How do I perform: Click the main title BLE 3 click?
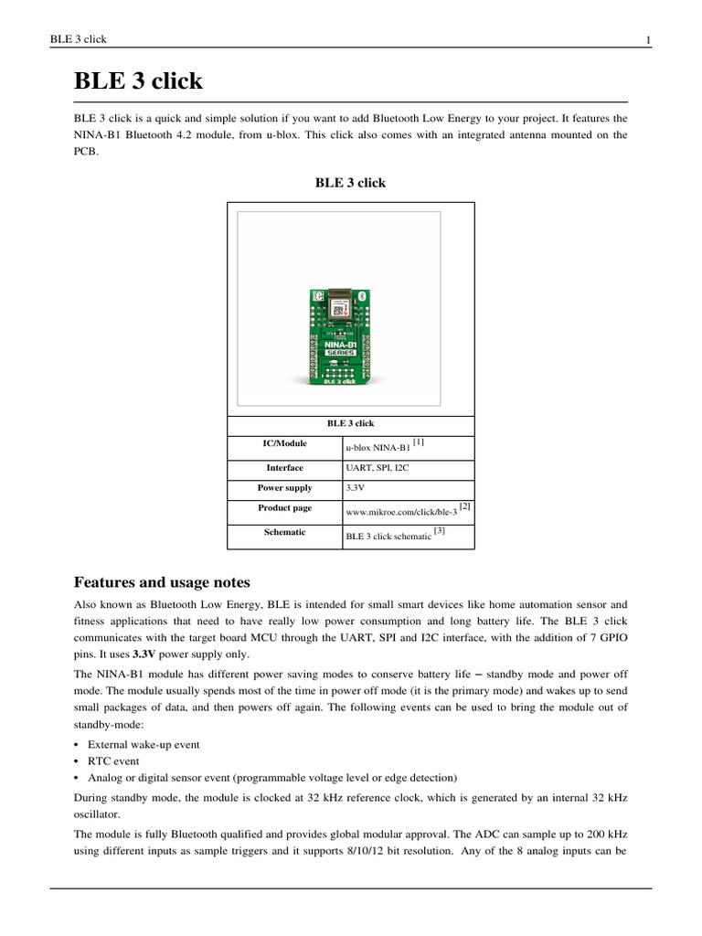[x=138, y=81]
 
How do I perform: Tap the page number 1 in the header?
[x=647, y=39]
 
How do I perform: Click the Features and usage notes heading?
[x=161, y=582]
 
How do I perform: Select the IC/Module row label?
[x=283, y=443]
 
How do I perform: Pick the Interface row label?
[x=283, y=468]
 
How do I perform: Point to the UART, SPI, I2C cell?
[x=377, y=468]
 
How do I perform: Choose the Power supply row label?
[x=283, y=488]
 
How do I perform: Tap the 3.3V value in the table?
[x=356, y=488]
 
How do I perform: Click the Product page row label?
[x=283, y=507]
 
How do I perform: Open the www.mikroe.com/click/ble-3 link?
[x=400, y=513]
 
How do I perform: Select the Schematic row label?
[x=283, y=531]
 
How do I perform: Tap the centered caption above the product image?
[x=350, y=183]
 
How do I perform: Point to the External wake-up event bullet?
[x=143, y=744]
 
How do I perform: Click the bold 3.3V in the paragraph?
[x=144, y=654]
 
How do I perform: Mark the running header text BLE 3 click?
[x=80, y=39]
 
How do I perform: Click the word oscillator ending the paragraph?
[x=98, y=813]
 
